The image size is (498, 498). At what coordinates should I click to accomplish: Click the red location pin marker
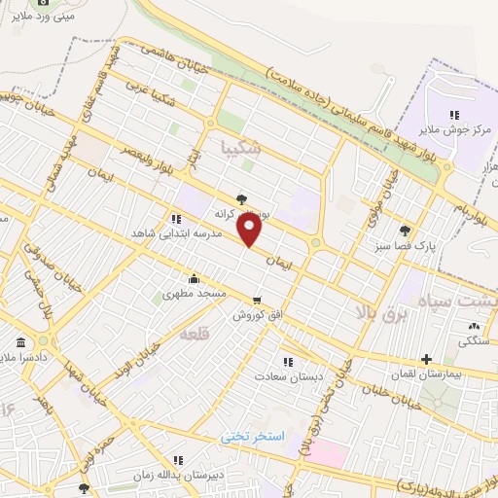[x=250, y=230]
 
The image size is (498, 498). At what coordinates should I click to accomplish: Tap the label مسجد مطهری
[x=195, y=292]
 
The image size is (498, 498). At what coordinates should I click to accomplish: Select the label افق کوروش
[x=256, y=315]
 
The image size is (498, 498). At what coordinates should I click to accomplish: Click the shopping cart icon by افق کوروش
[x=256, y=300]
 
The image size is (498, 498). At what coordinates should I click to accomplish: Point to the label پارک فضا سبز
[x=405, y=247]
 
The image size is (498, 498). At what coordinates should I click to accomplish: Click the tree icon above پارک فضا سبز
[x=405, y=231]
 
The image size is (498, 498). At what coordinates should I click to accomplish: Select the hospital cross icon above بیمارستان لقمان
[x=427, y=359]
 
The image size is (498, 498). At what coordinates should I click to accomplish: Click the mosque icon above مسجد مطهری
[x=195, y=277]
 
